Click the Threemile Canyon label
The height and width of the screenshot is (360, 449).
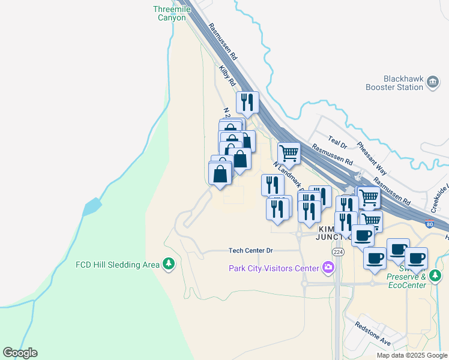171,13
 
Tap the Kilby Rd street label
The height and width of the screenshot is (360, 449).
227,76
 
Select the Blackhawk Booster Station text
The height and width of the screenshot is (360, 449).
394,83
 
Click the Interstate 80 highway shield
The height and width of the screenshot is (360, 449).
429,224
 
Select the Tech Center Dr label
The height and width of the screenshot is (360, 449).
251,250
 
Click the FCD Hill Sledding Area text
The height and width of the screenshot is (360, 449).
118,265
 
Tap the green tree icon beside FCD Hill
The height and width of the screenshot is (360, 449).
170,264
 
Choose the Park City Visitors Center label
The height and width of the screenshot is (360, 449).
274,268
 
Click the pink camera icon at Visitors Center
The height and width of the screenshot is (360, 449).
328,267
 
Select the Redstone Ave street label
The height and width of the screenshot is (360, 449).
372,335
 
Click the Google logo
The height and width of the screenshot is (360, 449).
20,353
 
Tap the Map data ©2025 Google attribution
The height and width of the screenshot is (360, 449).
411,355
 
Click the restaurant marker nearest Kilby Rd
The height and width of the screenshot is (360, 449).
247,103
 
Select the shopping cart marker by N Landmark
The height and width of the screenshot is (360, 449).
289,154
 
